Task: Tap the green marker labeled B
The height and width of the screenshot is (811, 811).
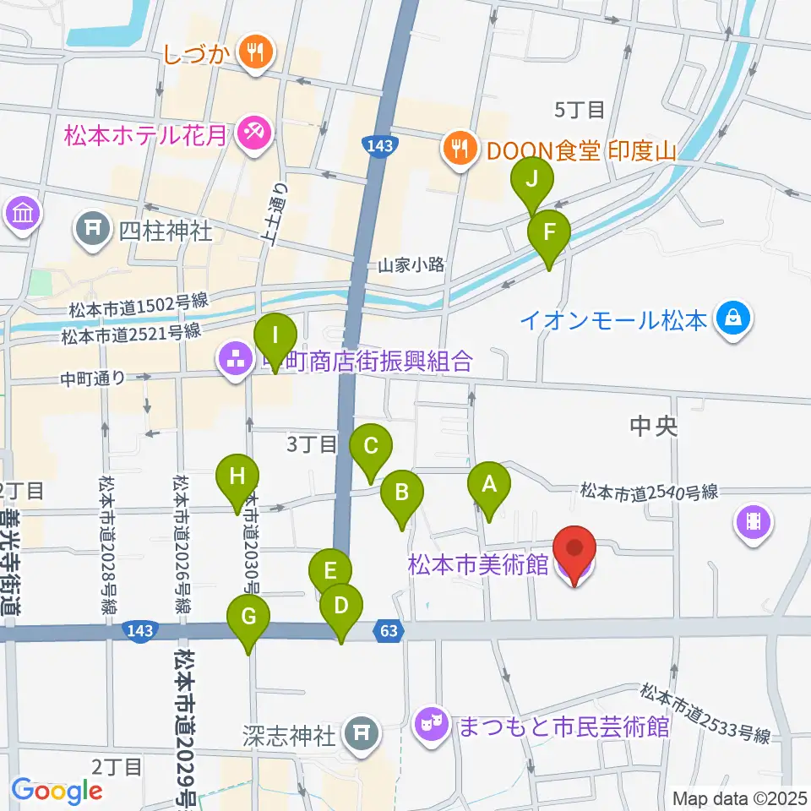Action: [402, 493]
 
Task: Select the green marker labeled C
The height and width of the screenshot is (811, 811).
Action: [369, 446]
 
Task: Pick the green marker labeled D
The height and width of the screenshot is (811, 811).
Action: [341, 607]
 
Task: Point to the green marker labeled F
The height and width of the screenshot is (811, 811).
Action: [549, 232]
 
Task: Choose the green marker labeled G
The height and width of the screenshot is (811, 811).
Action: [248, 618]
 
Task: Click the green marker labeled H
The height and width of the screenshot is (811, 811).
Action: [237, 477]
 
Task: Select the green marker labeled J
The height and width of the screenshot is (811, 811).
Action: [532, 180]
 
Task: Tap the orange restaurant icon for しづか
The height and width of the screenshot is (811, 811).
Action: [253, 52]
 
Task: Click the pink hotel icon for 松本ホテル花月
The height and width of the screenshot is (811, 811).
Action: [252, 133]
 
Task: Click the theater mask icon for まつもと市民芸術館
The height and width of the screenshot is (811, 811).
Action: [430, 724]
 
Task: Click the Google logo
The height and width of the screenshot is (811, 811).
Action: [57, 791]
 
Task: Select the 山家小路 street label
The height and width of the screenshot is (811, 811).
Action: [411, 264]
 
